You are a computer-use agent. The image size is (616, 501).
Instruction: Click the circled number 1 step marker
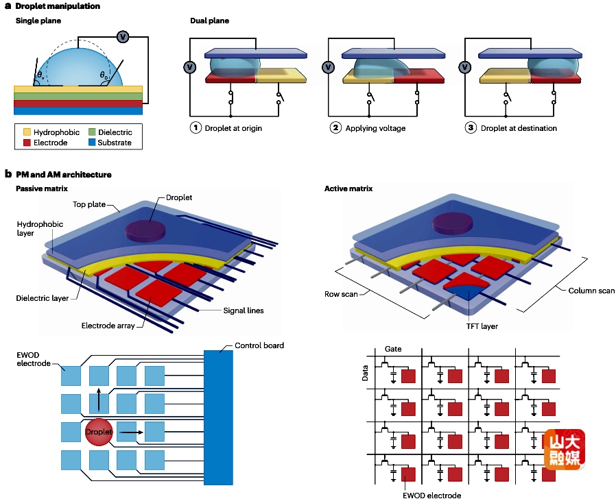pyautogui.click(x=196, y=128)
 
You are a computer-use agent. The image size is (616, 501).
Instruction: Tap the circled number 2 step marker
pyautogui.click(x=335, y=128)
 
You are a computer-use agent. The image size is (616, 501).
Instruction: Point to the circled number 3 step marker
pyautogui.click(x=471, y=128)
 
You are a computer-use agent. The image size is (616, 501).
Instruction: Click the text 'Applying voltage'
pyautogui.click(x=375, y=128)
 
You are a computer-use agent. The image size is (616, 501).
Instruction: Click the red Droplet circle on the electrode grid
pyautogui.click(x=98, y=432)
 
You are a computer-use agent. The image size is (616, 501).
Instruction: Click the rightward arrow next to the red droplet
pyautogui.click(x=132, y=433)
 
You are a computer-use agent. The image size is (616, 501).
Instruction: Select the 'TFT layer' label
pyautogui.click(x=479, y=326)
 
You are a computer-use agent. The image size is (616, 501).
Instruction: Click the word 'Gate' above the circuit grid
pyautogui.click(x=393, y=349)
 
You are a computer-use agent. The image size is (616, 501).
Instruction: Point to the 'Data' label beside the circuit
pyautogui.click(x=365, y=373)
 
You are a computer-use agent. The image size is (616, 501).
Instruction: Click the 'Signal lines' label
pyautogui.click(x=244, y=310)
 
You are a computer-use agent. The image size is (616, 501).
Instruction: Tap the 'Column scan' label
pyautogui.click(x=591, y=291)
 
